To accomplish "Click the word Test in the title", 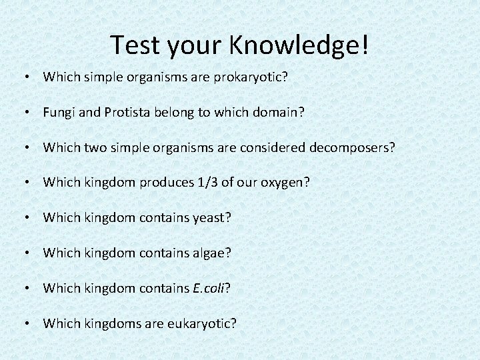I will pos(135,45).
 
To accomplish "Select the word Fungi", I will pos(59,113).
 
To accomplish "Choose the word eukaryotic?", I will pos(203,324).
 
